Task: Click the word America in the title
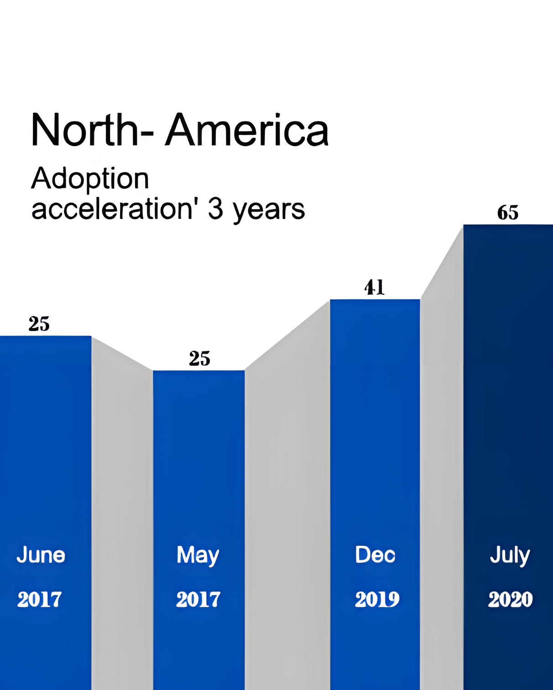(x=247, y=131)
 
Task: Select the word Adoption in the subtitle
(x=90, y=178)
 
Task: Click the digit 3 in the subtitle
(x=215, y=209)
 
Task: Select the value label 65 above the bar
(x=508, y=213)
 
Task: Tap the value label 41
(x=375, y=287)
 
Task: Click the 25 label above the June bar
(x=39, y=324)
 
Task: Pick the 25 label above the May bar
(x=199, y=359)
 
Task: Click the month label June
(x=41, y=555)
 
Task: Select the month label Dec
(x=375, y=555)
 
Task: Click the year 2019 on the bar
(x=377, y=599)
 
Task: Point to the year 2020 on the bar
(x=510, y=599)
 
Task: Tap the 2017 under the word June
(x=39, y=599)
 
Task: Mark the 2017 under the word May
(x=198, y=599)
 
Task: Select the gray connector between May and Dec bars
(x=287, y=456)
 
